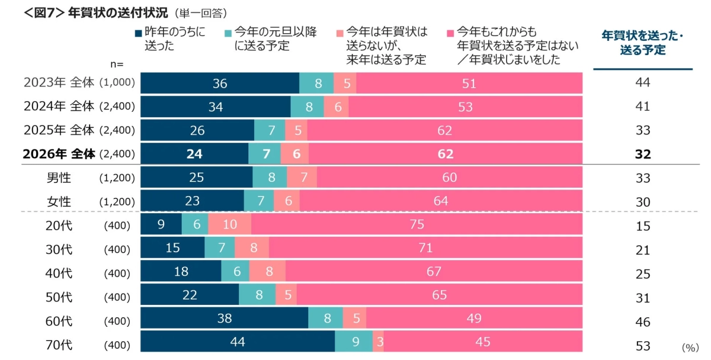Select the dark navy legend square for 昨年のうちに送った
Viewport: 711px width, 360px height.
coord(139,33)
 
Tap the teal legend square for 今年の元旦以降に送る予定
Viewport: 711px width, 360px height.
coord(229,33)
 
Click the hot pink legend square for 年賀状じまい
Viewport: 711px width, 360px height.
coord(450,33)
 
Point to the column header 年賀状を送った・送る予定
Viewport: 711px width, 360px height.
coord(642,43)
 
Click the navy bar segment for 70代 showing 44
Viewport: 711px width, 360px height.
coord(237,342)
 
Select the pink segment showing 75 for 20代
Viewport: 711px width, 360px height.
coord(417,225)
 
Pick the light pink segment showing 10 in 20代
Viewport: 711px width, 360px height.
coord(229,225)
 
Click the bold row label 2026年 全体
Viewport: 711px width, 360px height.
coord(59,154)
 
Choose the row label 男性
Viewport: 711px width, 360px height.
coord(59,178)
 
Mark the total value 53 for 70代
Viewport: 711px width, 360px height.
coord(642,346)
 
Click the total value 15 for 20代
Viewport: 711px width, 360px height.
coord(642,226)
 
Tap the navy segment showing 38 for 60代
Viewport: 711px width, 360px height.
coord(224,318)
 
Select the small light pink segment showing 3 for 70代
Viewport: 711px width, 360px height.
coord(378,342)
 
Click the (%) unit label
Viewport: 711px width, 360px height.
coord(690,348)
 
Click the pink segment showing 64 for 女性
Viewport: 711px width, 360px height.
coord(441,201)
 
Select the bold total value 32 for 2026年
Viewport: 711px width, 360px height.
coord(642,155)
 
